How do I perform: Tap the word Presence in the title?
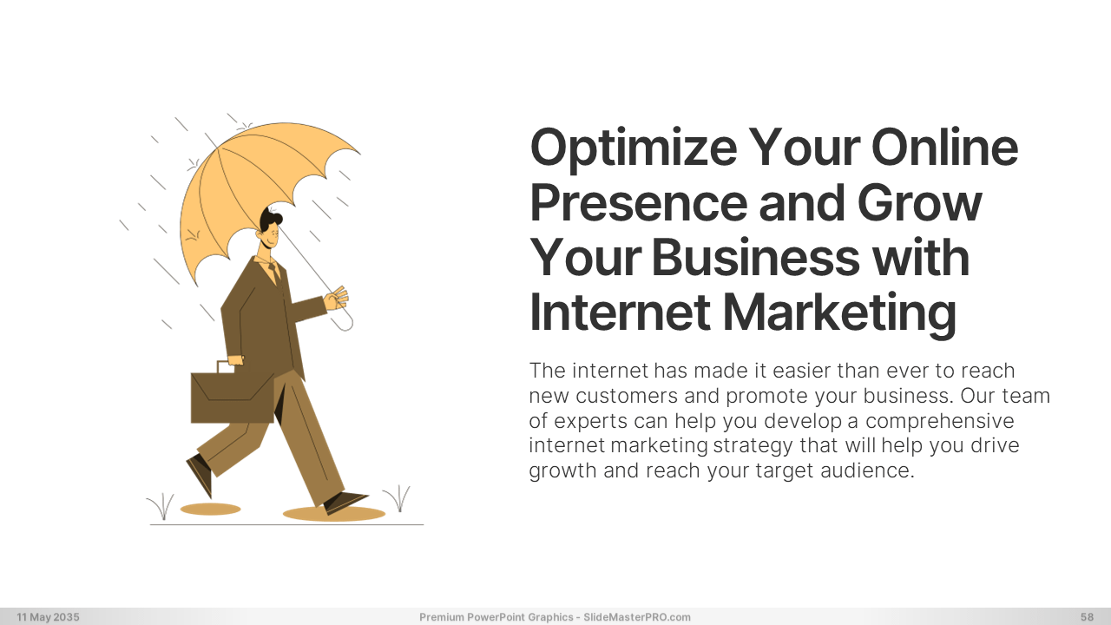(638, 203)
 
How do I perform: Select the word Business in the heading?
(755, 258)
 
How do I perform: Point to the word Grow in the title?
(919, 203)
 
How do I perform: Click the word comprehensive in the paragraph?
(939, 422)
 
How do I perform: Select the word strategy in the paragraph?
(753, 446)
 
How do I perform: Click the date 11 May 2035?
(48, 617)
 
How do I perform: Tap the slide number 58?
(1087, 617)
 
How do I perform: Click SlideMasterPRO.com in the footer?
(637, 617)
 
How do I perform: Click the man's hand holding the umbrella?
(336, 298)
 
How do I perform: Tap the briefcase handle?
(226, 365)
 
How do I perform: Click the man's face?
(271, 238)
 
